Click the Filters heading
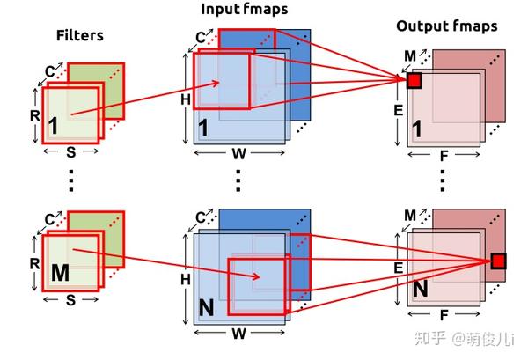coord(80,35)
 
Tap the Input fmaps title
coord(245,9)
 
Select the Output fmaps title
coord(446,26)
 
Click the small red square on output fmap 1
coord(414,81)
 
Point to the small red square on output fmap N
coord(498,261)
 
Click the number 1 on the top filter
coord(53,126)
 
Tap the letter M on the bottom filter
coord(60,273)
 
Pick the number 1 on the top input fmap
coord(203,128)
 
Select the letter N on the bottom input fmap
coord(207,307)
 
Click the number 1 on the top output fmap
coord(417,129)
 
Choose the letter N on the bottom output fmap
coord(421,289)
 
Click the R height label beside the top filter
coord(34,115)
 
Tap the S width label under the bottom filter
coord(70,300)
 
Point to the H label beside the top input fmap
coord(186,99)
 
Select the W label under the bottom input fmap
coord(239,334)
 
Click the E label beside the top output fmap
coord(399,110)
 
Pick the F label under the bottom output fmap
coord(444,315)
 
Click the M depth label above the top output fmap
coord(410,55)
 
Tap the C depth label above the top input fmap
coord(201,37)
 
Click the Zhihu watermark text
coord(464,338)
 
